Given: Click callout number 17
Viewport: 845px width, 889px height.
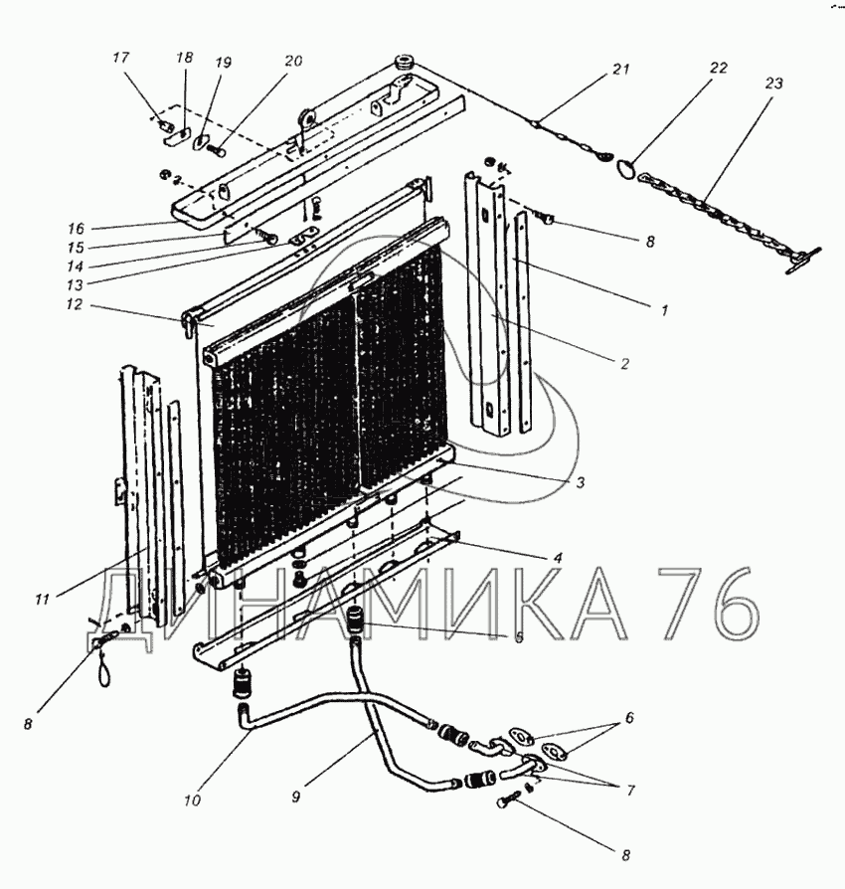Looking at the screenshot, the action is (x=121, y=58).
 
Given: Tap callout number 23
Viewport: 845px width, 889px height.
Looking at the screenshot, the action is (x=773, y=85).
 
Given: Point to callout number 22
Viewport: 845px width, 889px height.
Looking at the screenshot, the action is (x=718, y=68).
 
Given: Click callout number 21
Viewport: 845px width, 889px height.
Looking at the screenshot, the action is (x=621, y=69).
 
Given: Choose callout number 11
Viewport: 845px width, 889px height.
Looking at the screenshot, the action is (x=42, y=600).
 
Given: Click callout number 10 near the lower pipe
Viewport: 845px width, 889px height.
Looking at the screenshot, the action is (x=191, y=797).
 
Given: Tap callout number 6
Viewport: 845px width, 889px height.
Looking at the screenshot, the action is (x=629, y=717).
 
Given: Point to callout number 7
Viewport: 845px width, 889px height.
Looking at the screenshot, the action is (x=629, y=791).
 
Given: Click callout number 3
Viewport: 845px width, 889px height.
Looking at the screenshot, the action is (x=580, y=482).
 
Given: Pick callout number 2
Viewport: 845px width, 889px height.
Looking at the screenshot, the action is (x=624, y=364).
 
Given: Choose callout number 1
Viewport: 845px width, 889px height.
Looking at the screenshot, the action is (x=656, y=309).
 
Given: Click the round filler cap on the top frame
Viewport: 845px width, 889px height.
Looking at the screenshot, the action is (x=406, y=64).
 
